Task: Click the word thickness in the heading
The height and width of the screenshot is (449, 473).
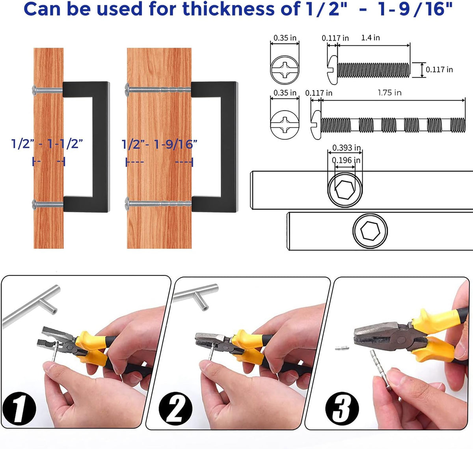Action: point(228,9)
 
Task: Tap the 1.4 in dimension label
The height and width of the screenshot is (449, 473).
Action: point(371,38)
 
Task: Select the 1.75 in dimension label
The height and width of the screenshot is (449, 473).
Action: point(389,93)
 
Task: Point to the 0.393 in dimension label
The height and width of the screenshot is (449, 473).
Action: point(346,148)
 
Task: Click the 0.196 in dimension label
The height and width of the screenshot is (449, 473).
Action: point(346,160)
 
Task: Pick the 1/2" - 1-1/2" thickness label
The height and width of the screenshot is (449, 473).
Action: point(47,144)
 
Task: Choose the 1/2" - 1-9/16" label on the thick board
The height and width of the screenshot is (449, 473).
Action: point(160,144)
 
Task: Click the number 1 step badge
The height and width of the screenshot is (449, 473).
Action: point(19,408)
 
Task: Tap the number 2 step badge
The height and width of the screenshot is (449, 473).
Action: point(176,408)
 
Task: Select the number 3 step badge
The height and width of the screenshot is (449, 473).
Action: point(342,408)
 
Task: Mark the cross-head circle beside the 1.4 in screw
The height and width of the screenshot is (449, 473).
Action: point(285,70)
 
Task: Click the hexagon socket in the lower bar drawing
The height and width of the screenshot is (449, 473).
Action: point(370,231)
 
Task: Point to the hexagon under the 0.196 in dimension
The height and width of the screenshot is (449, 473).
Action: point(345,190)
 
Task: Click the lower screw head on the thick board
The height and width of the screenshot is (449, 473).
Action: point(127,203)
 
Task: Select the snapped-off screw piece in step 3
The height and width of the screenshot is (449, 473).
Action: point(343,348)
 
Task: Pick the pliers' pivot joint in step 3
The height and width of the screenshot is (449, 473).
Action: point(401,340)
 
